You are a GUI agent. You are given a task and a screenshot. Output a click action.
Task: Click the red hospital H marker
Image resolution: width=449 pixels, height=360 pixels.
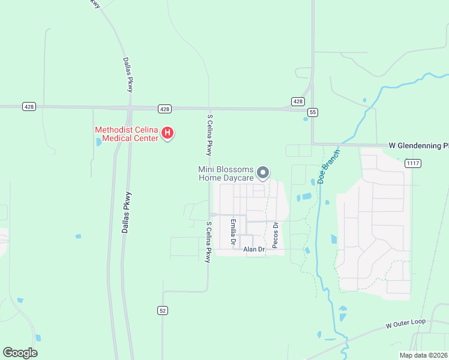169,133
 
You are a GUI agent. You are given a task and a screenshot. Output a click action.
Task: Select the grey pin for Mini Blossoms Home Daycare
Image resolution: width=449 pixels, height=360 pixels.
263,173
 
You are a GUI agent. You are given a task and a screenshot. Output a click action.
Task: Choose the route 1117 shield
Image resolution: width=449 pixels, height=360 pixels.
412,163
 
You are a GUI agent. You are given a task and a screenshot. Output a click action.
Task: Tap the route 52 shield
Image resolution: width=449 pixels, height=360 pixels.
163,310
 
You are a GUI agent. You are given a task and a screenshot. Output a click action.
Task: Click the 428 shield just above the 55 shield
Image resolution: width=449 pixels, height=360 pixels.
298,101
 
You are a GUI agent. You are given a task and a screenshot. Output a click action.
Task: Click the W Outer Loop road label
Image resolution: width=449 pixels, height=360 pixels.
406,324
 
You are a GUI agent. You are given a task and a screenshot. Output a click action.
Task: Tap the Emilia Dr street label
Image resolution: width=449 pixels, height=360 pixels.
233,233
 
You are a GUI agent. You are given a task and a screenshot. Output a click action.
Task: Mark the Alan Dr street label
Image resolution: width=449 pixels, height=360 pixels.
253,249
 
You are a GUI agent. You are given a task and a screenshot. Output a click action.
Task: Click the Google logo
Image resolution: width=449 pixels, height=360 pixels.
20,353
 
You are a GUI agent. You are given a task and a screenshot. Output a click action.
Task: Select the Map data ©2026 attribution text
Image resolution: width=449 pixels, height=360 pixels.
423,355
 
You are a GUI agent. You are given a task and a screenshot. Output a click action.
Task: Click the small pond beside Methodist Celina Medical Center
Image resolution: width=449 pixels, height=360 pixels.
98,142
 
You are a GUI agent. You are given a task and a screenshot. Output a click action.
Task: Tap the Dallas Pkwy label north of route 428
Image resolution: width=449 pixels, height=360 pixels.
128,74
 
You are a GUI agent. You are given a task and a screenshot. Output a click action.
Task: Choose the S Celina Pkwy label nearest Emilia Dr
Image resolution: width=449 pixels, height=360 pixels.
208,242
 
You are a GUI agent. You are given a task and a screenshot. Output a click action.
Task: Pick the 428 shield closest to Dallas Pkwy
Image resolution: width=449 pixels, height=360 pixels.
166,109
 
